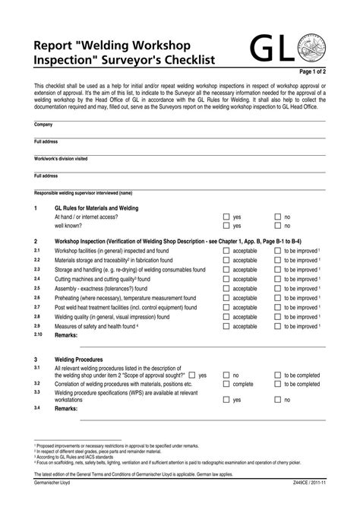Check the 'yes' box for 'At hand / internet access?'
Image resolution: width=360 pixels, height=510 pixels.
(226, 217)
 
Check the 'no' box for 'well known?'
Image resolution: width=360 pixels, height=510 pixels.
(277, 226)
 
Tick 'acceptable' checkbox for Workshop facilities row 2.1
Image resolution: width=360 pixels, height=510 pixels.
(226, 250)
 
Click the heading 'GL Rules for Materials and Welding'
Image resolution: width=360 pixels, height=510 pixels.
(96, 207)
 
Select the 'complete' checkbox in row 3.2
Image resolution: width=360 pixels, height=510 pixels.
(226, 385)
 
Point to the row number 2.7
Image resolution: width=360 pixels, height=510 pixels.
(38, 307)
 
